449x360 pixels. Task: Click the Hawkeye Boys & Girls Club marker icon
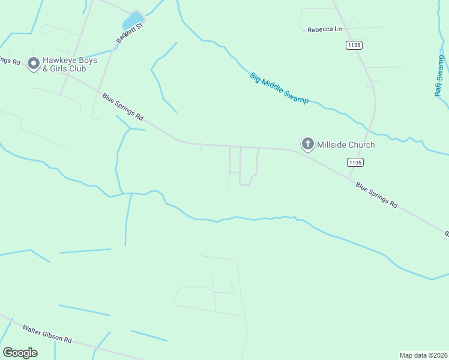point(34,63)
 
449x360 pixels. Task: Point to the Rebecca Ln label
point(324,29)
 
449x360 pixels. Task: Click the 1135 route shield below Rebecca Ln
point(355,45)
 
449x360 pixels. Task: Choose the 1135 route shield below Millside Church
point(355,162)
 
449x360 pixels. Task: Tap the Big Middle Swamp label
point(279,88)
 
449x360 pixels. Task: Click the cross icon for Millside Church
point(307,144)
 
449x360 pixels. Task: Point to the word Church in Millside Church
point(362,145)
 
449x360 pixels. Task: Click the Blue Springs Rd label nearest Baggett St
point(123,107)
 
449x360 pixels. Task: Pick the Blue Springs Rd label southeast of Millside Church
point(376,195)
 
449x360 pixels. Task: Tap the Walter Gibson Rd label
point(47,334)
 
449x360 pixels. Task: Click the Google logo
point(20,353)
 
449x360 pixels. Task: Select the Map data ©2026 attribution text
point(423,355)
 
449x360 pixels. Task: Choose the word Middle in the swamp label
point(280,88)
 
